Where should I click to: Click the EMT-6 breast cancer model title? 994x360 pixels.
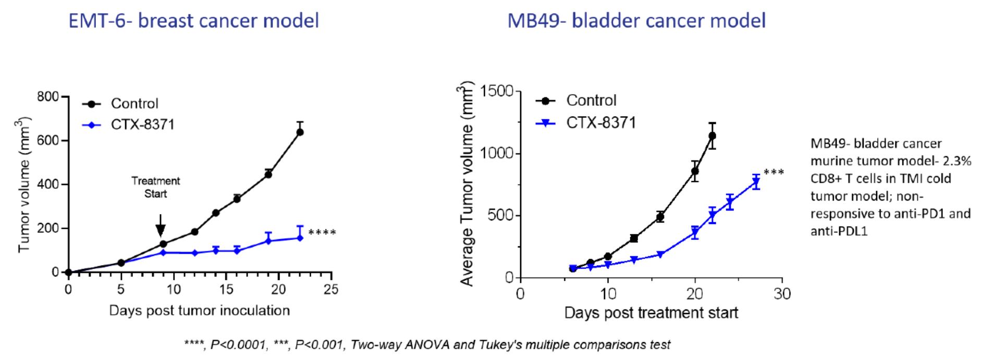pos(194,21)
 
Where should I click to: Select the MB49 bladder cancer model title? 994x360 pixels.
pos(636,21)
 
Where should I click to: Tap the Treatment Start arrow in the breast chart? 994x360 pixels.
pos(161,226)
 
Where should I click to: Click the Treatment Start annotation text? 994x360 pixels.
pos(156,187)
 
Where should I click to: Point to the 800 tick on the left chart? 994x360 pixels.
pos(47,97)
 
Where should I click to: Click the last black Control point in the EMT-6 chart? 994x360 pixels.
pos(300,132)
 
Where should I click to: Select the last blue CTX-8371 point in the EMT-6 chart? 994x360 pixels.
pos(300,238)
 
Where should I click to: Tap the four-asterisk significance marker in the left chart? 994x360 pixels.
pos(322,232)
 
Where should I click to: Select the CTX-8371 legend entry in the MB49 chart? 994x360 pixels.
pos(586,123)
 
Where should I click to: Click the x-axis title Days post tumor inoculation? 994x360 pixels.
pos(199,311)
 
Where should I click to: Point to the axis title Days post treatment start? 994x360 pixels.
pos(651,313)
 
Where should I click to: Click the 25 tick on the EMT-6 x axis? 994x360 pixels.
pos(331,289)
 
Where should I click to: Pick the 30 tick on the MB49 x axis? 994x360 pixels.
pos(782,294)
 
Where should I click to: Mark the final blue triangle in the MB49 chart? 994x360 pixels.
pos(756,182)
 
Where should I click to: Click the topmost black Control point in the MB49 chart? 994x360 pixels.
pos(712,136)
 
